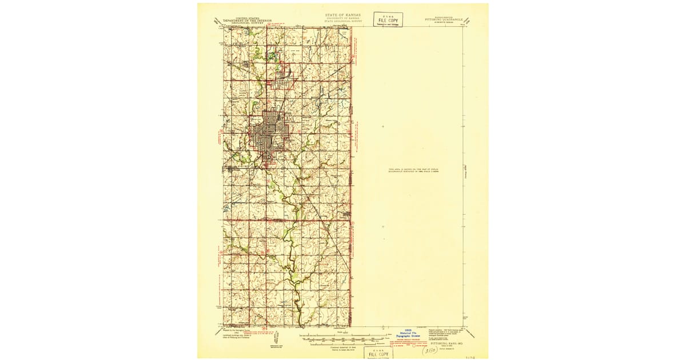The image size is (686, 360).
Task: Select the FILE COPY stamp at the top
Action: point(388,19)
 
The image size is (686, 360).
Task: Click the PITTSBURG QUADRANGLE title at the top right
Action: point(444,19)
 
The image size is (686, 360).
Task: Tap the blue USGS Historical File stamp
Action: point(408,334)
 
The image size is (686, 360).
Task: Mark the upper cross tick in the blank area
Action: point(382,126)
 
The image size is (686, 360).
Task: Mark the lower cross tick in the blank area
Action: point(382,227)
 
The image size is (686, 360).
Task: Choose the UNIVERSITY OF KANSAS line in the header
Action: point(342,18)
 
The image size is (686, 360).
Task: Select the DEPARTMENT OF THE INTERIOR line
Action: point(245,21)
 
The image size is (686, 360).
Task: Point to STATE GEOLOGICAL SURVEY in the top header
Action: point(342,22)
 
